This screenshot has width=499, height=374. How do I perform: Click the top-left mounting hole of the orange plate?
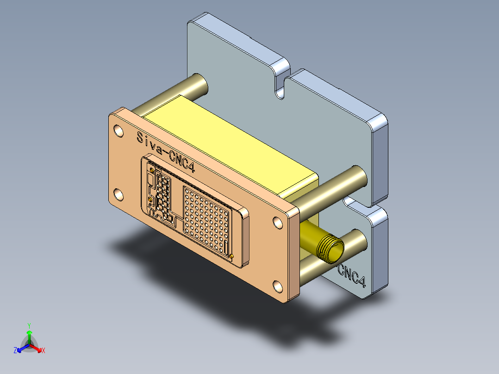point(119,131)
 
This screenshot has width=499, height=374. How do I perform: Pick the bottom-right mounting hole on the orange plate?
point(278,287)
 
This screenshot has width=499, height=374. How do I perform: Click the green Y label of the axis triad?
point(29,325)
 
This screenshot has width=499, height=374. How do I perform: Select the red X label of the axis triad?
point(44,351)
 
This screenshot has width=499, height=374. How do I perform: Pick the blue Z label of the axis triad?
point(15,351)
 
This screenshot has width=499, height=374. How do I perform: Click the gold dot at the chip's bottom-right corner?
point(231,256)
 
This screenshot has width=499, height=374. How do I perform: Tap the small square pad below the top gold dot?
point(151,180)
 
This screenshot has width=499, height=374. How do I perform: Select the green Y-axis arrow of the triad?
point(29,335)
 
